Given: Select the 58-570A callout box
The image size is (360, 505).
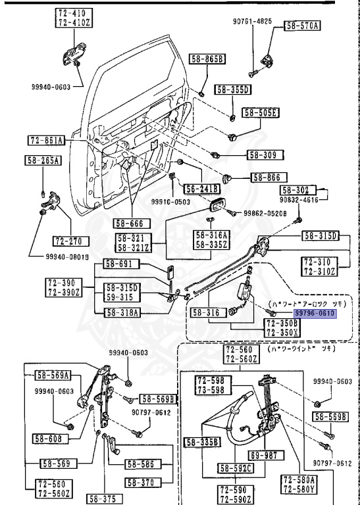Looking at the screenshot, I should pos(302,26).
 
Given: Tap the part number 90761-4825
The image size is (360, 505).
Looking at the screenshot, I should pos(252,21).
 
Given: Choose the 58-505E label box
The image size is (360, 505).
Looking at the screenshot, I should pos(261,112).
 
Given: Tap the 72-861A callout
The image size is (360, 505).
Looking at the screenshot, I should pos(46,141).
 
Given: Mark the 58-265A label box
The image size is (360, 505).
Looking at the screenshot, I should pos(43,160).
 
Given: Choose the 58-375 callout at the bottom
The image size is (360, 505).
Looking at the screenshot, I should pos(106,498).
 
